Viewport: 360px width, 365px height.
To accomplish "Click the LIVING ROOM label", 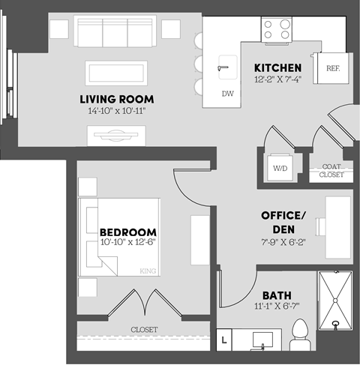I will (116, 99).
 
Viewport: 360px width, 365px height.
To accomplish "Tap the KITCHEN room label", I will (277, 67).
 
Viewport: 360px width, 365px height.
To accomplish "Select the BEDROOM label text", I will (127, 232).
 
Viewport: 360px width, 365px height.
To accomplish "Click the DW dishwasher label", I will (228, 93).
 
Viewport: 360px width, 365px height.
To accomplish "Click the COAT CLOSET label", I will (332, 170).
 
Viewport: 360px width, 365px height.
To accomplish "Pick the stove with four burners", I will (276, 30).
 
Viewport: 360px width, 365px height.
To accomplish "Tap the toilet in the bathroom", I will (300, 333).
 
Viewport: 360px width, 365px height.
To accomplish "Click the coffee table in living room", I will (117, 72).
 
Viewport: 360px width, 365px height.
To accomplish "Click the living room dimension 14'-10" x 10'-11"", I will (116, 111).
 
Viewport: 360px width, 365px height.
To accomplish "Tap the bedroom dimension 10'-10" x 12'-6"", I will (127, 243).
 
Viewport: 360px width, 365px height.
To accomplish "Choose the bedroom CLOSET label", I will (144, 329).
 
